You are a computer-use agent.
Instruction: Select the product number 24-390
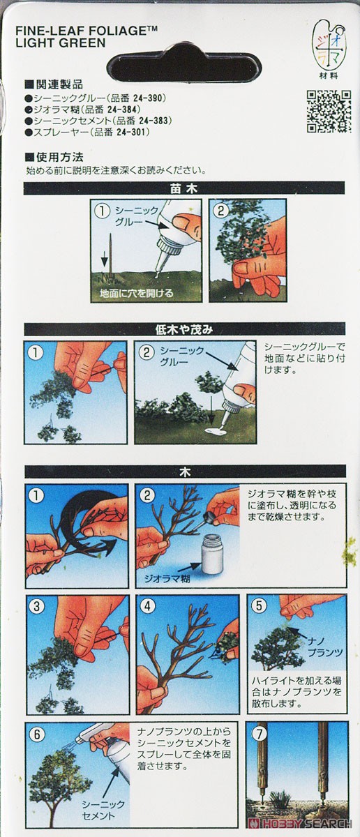click(149, 98)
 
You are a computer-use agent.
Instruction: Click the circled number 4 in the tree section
click(147, 606)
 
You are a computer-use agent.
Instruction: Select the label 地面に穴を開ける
click(137, 292)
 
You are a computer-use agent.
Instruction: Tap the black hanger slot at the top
click(185, 66)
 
